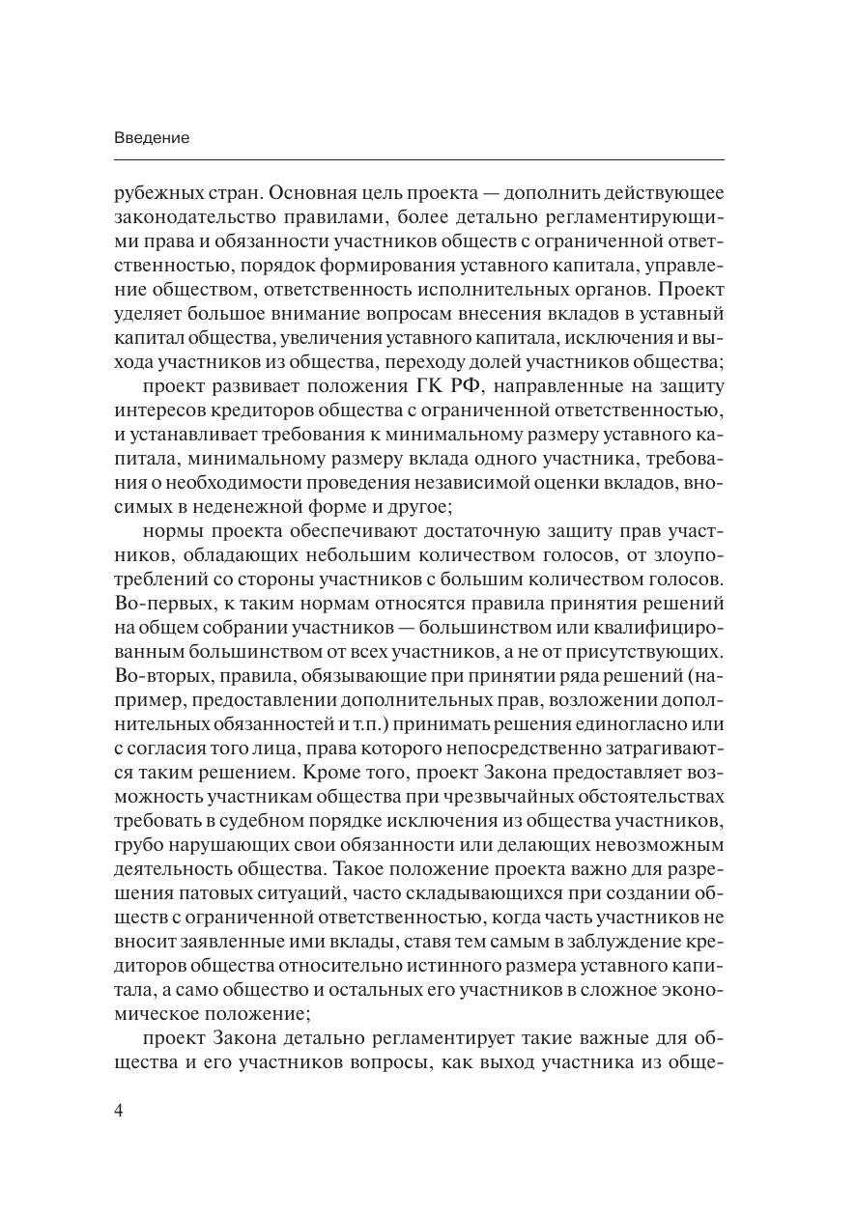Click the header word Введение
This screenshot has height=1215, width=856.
(152, 137)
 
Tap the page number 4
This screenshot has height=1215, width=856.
(119, 1110)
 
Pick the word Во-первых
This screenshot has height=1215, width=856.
(153, 604)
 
